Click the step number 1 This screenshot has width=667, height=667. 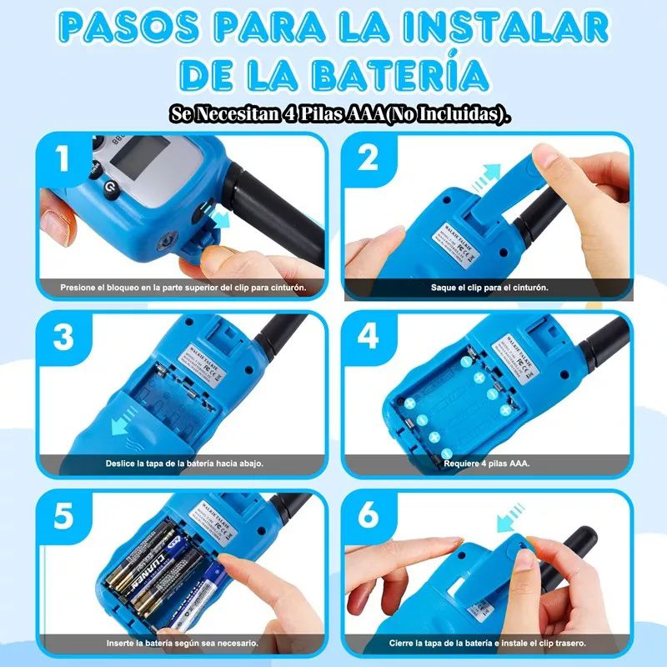pyautogui.click(x=63, y=159)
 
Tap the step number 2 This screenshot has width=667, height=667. pyautogui.click(x=368, y=158)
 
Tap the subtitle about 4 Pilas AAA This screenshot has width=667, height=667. pyautogui.click(x=339, y=114)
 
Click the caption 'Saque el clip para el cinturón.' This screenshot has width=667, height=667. pyautogui.click(x=489, y=288)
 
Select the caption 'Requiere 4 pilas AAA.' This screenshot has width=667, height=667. pyautogui.click(x=488, y=463)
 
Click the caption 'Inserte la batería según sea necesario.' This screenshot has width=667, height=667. pyautogui.click(x=182, y=643)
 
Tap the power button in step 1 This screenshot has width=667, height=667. pyautogui.click(x=108, y=191)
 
